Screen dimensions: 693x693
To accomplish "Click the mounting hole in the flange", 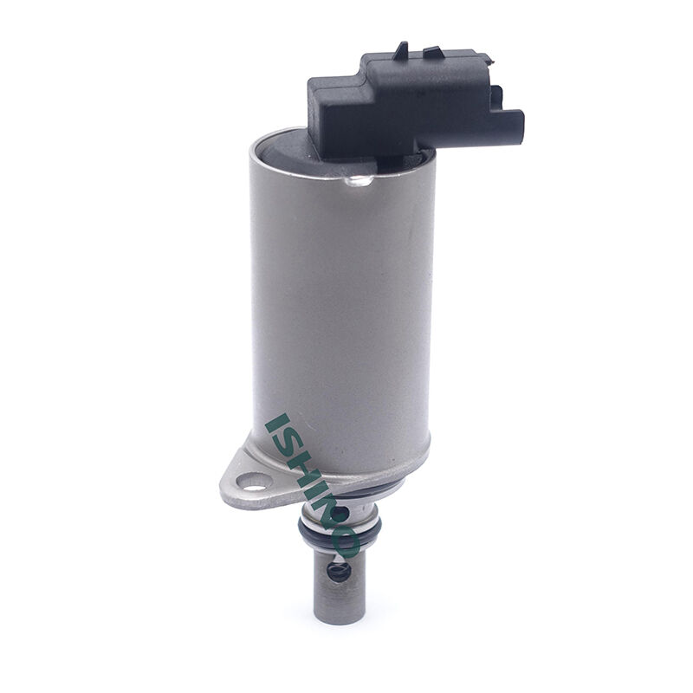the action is point(252,482).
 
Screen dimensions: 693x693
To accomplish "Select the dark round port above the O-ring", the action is point(338,513).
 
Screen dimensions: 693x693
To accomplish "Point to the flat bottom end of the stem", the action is point(340,618).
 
